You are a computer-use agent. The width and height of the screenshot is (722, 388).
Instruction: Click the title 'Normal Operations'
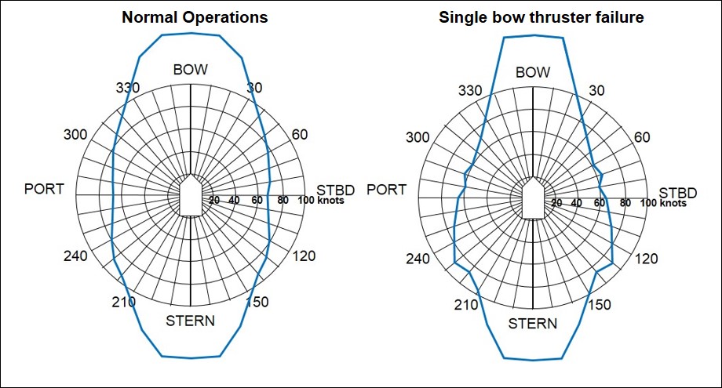click(194, 17)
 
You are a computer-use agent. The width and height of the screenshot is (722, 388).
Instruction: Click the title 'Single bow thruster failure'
click(541, 17)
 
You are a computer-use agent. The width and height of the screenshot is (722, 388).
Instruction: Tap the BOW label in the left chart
click(190, 70)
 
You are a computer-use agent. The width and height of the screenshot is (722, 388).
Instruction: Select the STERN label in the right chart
click(533, 324)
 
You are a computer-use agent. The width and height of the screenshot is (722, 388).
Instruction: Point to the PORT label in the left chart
click(45, 189)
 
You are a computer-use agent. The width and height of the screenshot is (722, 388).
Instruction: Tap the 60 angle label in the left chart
click(299, 134)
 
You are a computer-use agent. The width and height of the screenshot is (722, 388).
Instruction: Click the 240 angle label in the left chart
click(78, 256)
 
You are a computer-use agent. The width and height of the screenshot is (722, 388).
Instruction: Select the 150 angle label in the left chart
click(257, 303)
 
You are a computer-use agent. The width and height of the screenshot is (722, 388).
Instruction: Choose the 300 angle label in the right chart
click(419, 138)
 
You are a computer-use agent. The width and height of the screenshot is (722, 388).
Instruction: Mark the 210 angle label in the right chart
click(468, 304)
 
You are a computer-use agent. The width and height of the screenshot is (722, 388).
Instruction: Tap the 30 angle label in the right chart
click(596, 90)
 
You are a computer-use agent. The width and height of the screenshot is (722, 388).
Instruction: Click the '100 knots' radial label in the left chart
click(319, 201)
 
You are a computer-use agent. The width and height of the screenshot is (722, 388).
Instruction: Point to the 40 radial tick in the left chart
click(234, 201)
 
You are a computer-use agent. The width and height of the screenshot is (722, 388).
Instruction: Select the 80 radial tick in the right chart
click(625, 203)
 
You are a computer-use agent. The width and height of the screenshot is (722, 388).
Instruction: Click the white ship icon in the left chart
click(191, 197)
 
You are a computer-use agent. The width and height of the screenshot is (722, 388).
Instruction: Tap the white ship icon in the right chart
click(533, 197)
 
